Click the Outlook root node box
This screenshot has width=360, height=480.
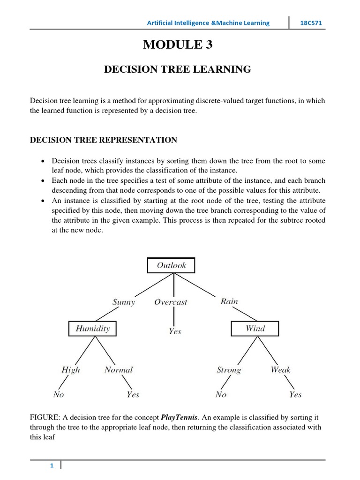(171, 265)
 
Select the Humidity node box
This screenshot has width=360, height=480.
(93, 329)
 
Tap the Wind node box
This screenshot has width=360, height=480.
(255, 329)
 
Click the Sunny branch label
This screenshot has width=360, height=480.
(124, 302)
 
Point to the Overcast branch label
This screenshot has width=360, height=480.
(171, 302)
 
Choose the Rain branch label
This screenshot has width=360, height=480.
(229, 301)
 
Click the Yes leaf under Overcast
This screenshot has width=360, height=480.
(175, 331)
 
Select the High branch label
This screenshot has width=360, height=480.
(71, 370)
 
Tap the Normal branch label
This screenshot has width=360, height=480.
(119, 370)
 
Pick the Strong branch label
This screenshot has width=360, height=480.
(229, 370)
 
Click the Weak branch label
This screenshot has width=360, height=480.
(280, 370)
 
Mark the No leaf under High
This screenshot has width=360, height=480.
(59, 394)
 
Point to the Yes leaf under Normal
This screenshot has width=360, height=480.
(133, 394)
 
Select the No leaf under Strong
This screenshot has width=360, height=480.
(221, 394)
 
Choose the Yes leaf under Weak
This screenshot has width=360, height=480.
(295, 394)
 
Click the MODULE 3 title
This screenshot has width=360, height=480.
(177, 45)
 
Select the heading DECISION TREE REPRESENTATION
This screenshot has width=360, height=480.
(104, 140)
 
